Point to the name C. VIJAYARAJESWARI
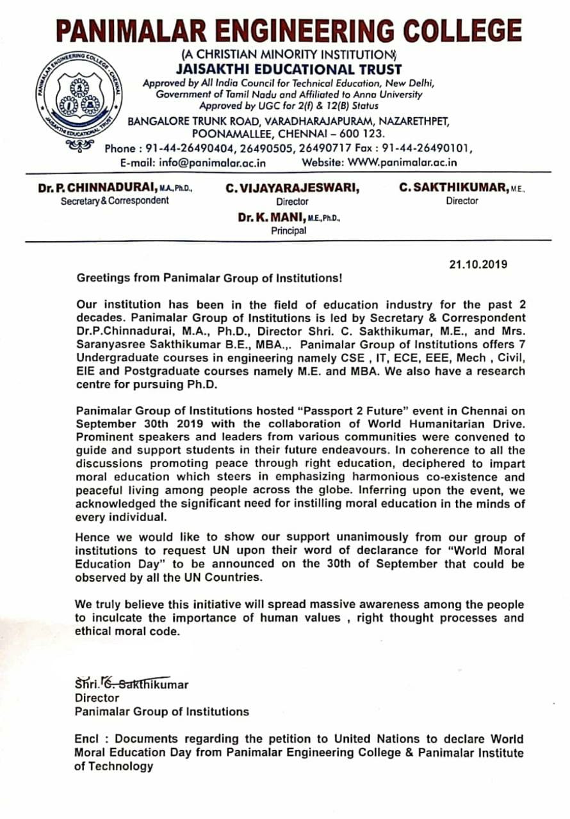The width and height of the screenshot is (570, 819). point(292,188)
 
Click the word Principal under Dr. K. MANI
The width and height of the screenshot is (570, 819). point(288,231)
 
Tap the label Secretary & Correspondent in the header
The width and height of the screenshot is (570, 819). point(115,201)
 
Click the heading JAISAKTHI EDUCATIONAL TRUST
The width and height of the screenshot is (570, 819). point(289,70)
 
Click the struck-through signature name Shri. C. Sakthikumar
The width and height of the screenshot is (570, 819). point(132,684)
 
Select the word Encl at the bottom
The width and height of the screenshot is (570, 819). point(87,739)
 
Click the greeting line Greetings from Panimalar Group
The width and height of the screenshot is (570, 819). point(209,279)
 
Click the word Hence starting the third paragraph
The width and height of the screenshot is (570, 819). point(92,537)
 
